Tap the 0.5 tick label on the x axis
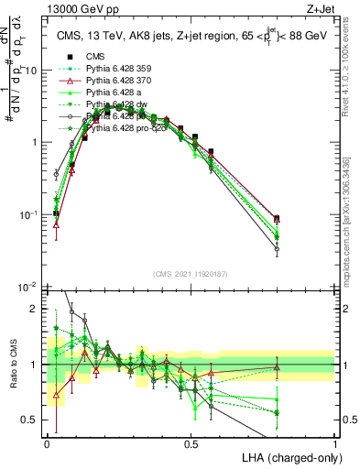191,444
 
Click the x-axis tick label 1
335,444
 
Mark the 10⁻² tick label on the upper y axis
29,287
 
